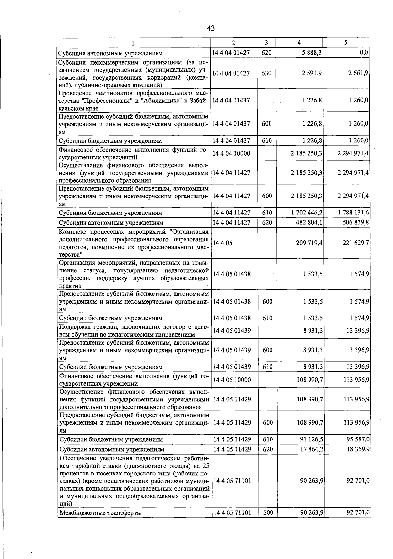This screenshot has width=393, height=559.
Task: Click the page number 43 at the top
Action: (x=211, y=28)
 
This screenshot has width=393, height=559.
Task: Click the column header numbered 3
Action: (x=266, y=43)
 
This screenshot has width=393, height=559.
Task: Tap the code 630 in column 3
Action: (x=267, y=73)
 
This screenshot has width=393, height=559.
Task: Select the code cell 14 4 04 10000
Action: (x=231, y=153)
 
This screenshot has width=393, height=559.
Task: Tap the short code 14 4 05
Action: (x=222, y=243)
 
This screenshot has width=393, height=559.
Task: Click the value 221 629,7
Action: (x=355, y=243)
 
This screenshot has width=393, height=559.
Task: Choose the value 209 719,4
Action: (x=309, y=243)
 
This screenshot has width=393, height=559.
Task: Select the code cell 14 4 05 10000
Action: (x=232, y=380)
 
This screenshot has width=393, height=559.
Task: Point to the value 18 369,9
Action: (x=358, y=449)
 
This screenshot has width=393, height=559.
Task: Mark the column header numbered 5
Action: (x=346, y=43)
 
